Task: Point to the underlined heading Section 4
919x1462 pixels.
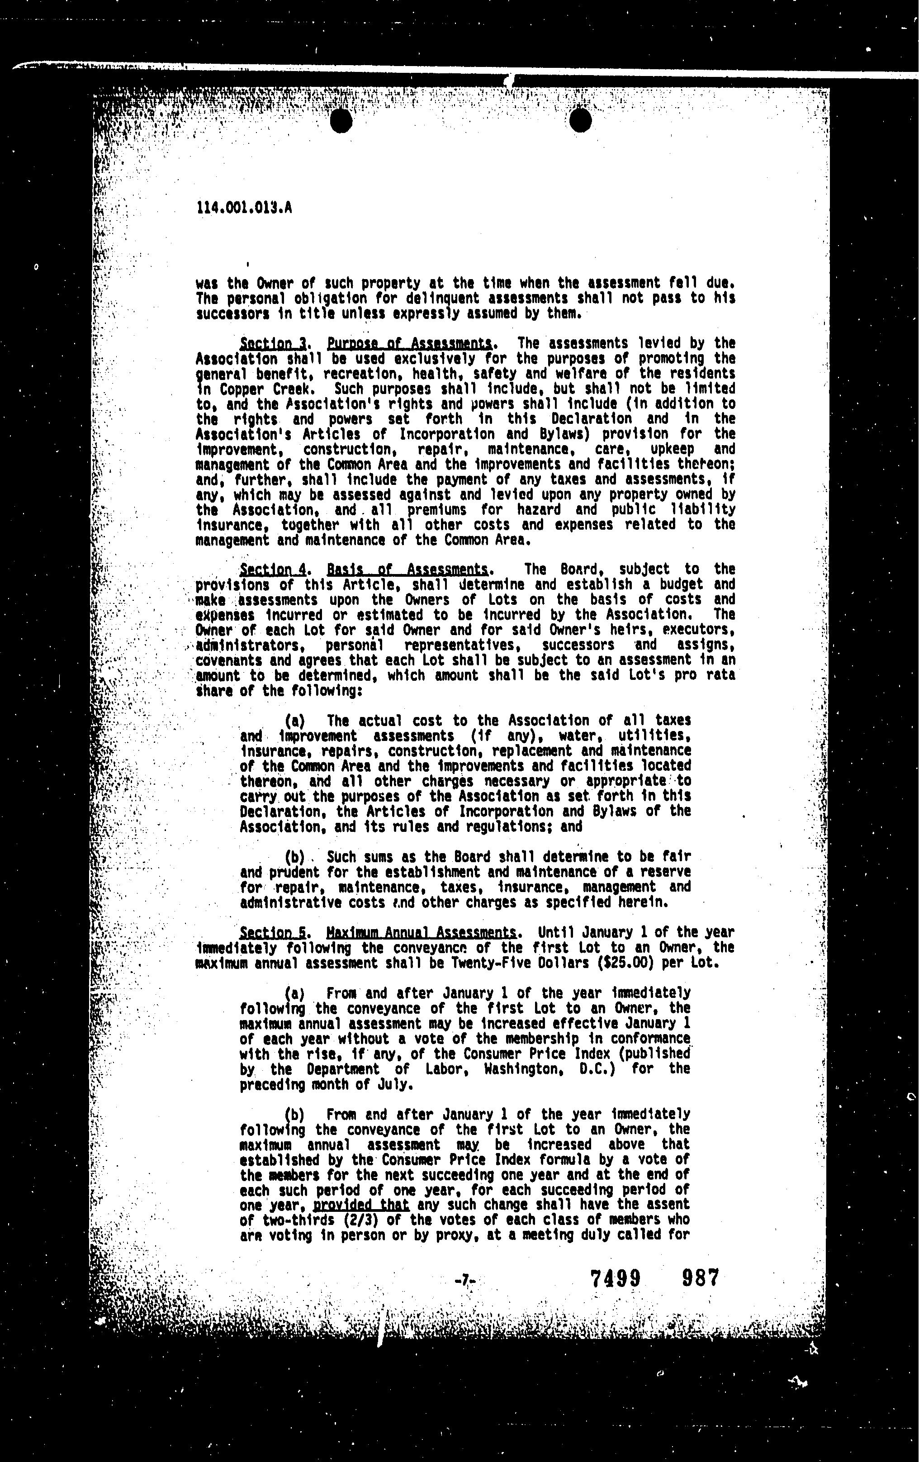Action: coord(273,570)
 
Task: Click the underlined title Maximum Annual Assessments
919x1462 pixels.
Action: coord(421,932)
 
